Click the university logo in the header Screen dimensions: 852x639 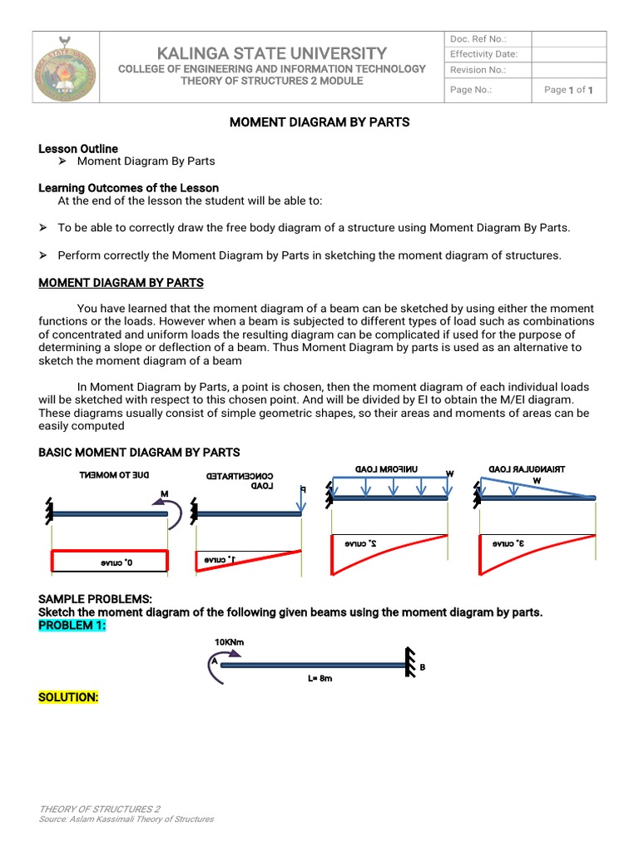pos(62,67)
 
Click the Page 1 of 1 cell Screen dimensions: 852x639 pos(568,90)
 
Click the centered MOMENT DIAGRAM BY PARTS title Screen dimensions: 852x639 pos(319,122)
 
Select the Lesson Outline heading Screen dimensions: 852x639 pos(78,148)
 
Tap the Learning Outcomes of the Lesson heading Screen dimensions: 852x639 pos(129,188)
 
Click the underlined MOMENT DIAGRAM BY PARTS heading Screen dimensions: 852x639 pos(121,283)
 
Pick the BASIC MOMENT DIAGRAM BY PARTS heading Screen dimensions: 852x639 pos(139,452)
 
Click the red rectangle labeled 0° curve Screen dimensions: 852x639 pos(110,562)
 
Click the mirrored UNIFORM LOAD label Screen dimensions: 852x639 pos(386,469)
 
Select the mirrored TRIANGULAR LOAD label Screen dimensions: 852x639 pos(537,469)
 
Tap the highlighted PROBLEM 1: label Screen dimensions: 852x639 pos(72,625)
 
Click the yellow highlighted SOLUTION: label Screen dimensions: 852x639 pos(68,697)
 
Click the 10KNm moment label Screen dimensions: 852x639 pos(229,641)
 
